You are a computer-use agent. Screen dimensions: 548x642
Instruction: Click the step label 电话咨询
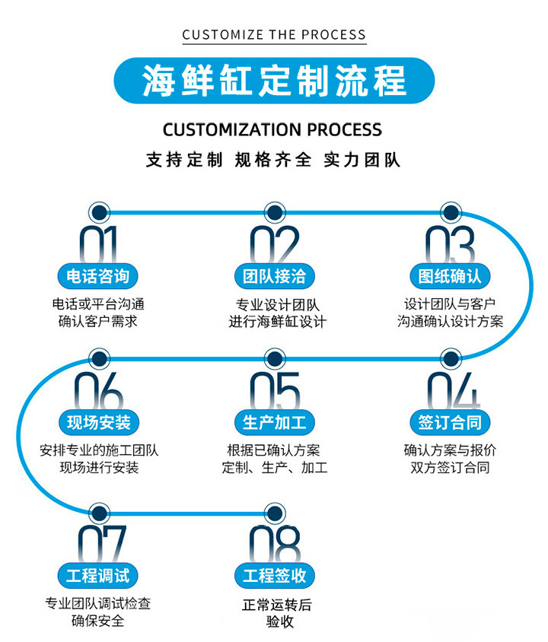pos(98,276)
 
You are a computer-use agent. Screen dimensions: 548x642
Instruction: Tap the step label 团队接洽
pos(275,276)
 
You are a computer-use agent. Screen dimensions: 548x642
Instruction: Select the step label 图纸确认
pos(450,276)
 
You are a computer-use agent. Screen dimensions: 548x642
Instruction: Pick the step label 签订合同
pos(450,422)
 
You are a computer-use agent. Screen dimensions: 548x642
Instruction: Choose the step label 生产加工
pos(275,422)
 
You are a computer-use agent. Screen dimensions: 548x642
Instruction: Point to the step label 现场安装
pos(99,422)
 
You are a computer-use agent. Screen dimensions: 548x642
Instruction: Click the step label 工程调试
pos(98,576)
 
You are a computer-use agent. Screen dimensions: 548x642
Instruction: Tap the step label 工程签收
pos(275,576)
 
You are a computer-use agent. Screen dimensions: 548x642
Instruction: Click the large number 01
pos(98,244)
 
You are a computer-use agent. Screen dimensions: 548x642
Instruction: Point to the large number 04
pos(454,391)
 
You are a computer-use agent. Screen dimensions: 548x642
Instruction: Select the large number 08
pos(275,544)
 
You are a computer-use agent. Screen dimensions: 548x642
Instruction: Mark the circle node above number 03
pos(451,212)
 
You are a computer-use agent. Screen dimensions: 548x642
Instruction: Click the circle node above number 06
pos(99,359)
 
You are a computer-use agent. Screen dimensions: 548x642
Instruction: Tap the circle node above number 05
pos(275,359)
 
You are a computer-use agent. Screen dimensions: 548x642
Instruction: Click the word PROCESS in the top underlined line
pos(333,35)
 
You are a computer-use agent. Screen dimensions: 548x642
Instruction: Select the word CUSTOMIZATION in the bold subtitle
pos(232,130)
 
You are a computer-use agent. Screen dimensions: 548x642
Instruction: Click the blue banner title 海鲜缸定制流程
pos(274,81)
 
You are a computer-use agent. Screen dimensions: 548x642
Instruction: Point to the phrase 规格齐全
pos(272,160)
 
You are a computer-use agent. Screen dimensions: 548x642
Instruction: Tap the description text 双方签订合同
pos(450,467)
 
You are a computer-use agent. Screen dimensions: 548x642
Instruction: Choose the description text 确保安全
pos(98,620)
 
